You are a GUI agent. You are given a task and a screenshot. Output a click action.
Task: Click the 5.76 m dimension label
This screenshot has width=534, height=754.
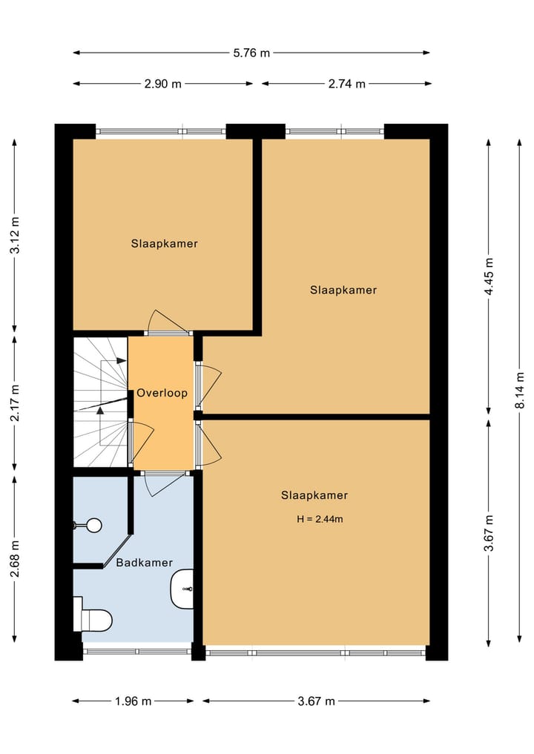tap(251, 53)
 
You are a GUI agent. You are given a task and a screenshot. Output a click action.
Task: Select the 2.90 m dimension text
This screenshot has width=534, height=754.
tap(163, 84)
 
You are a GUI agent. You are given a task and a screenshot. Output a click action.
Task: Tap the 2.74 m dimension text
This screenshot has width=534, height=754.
tap(347, 84)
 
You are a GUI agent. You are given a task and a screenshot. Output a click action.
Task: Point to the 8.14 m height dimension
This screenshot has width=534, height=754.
tap(520, 391)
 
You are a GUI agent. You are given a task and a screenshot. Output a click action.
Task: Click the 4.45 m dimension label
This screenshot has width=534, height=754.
tap(489, 277)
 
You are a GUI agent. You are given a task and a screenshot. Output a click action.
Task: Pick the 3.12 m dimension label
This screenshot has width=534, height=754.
tap(15, 235)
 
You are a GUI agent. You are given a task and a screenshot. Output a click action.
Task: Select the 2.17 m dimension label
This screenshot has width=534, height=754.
tap(15, 403)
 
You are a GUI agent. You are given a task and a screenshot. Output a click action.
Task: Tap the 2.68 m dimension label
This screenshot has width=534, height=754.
tap(15, 558)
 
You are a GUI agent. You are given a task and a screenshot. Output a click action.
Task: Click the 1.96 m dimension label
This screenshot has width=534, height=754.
tap(133, 701)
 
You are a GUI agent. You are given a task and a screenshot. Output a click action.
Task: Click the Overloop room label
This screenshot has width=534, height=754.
tap(162, 393)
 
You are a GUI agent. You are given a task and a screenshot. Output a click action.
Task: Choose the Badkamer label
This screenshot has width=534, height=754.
tap(145, 563)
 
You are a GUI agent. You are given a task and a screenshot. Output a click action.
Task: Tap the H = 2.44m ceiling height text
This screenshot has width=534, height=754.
tap(320, 519)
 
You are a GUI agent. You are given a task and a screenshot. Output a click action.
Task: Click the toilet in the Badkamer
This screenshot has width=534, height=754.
tap(93, 619)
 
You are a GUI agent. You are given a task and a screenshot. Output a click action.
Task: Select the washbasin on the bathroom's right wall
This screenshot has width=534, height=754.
tap(182, 589)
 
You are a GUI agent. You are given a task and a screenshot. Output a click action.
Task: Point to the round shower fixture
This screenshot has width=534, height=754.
tap(93, 525)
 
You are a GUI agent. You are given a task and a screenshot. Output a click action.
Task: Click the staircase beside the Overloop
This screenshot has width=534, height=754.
tap(100, 402)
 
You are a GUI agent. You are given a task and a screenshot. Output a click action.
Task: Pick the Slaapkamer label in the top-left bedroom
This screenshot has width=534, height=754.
tap(165, 243)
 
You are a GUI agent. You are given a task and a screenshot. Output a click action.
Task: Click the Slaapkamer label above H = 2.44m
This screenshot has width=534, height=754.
tap(314, 495)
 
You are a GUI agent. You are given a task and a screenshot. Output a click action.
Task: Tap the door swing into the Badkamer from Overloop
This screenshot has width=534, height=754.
tap(164, 483)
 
